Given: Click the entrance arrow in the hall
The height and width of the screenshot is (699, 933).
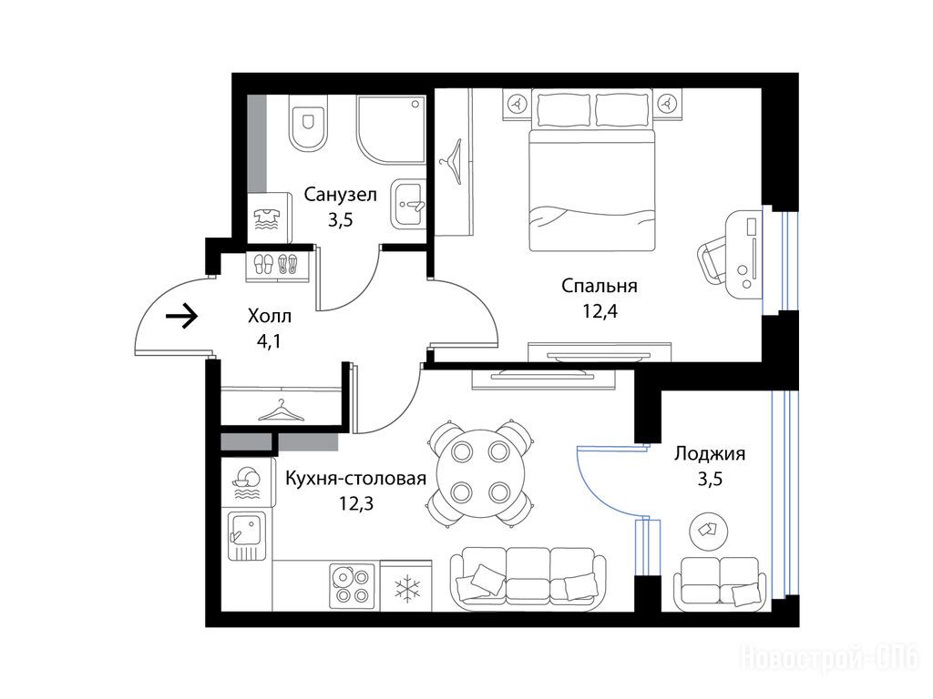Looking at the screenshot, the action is (181, 315).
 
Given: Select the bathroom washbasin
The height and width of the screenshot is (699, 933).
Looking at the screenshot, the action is (408, 205).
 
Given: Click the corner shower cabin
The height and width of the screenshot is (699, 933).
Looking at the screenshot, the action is (391, 130).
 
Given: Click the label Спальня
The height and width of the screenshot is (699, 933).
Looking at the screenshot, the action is (600, 286).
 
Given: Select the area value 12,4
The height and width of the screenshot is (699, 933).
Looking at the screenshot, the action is (600, 310).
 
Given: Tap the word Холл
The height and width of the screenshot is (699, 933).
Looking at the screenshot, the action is (270, 316).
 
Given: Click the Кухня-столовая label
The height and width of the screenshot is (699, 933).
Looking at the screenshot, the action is (356, 479).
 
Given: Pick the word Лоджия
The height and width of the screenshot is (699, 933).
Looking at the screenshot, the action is (709, 453).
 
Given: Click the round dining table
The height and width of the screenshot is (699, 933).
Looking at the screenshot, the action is (481, 472).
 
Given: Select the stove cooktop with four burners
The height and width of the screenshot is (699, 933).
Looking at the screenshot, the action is (353, 585).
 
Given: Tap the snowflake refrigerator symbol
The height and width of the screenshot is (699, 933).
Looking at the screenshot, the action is (407, 589).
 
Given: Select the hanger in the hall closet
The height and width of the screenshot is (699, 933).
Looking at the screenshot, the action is (281, 410).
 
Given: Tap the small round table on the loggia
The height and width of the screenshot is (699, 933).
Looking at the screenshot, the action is (709, 529).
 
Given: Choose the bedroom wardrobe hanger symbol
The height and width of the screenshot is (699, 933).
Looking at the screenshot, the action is (453, 162).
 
